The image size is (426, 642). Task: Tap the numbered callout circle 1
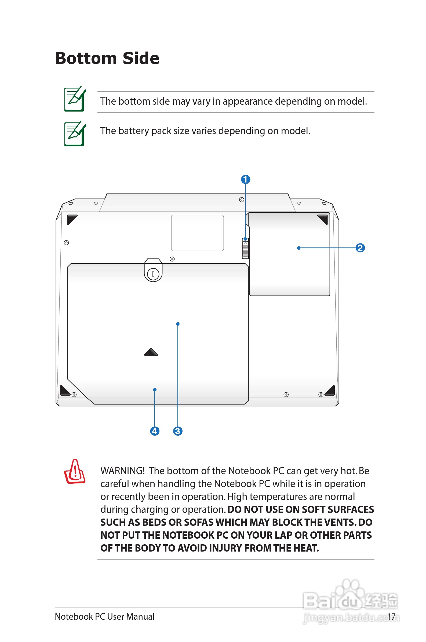click(x=246, y=180)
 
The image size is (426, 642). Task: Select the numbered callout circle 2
click(x=360, y=248)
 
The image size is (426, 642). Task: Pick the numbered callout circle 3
click(x=178, y=431)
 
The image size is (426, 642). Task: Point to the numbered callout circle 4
click(x=155, y=431)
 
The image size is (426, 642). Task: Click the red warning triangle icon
click(x=75, y=472)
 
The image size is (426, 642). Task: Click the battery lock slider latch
click(x=245, y=248)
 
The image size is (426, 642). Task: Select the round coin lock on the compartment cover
click(x=153, y=274)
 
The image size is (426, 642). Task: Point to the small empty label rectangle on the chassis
click(x=197, y=233)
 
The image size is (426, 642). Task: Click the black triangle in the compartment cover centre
click(x=151, y=352)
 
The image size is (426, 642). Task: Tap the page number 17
click(x=391, y=617)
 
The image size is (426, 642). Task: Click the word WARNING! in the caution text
click(x=122, y=471)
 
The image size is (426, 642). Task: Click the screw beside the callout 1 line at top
click(x=242, y=200)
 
